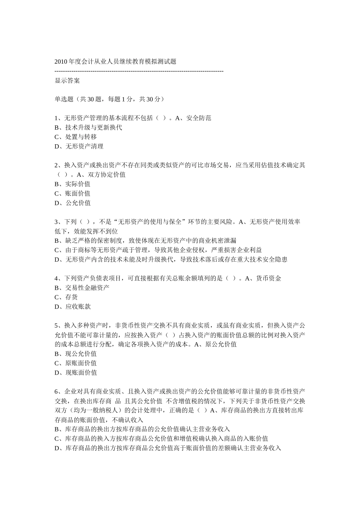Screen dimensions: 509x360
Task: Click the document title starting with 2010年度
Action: point(115,61)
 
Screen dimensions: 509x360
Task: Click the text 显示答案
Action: point(67,80)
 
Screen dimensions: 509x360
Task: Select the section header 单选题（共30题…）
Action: point(110,99)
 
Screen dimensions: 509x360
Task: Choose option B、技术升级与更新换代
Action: point(88,128)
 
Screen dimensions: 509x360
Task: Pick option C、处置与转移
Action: point(76,137)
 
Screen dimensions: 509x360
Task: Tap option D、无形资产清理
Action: point(79,147)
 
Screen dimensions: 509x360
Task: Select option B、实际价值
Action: point(72,184)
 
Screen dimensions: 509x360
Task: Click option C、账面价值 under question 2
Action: point(72,194)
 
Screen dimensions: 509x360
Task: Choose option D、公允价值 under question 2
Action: point(72,203)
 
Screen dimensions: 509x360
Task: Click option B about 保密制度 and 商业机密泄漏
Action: point(146,240)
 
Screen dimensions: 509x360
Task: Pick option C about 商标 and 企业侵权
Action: point(158,250)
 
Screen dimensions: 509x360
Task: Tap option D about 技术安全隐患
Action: point(171,259)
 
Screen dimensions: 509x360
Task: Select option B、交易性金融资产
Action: point(82,288)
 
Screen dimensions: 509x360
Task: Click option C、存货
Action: point(66,297)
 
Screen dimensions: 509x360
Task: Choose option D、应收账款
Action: point(72,307)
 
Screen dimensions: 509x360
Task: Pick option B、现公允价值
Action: point(75,354)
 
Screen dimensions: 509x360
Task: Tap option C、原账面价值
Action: point(75,363)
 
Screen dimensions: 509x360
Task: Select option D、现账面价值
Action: point(75,373)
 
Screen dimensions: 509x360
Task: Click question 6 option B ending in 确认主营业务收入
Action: point(142,429)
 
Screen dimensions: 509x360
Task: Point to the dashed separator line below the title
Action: point(139,71)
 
